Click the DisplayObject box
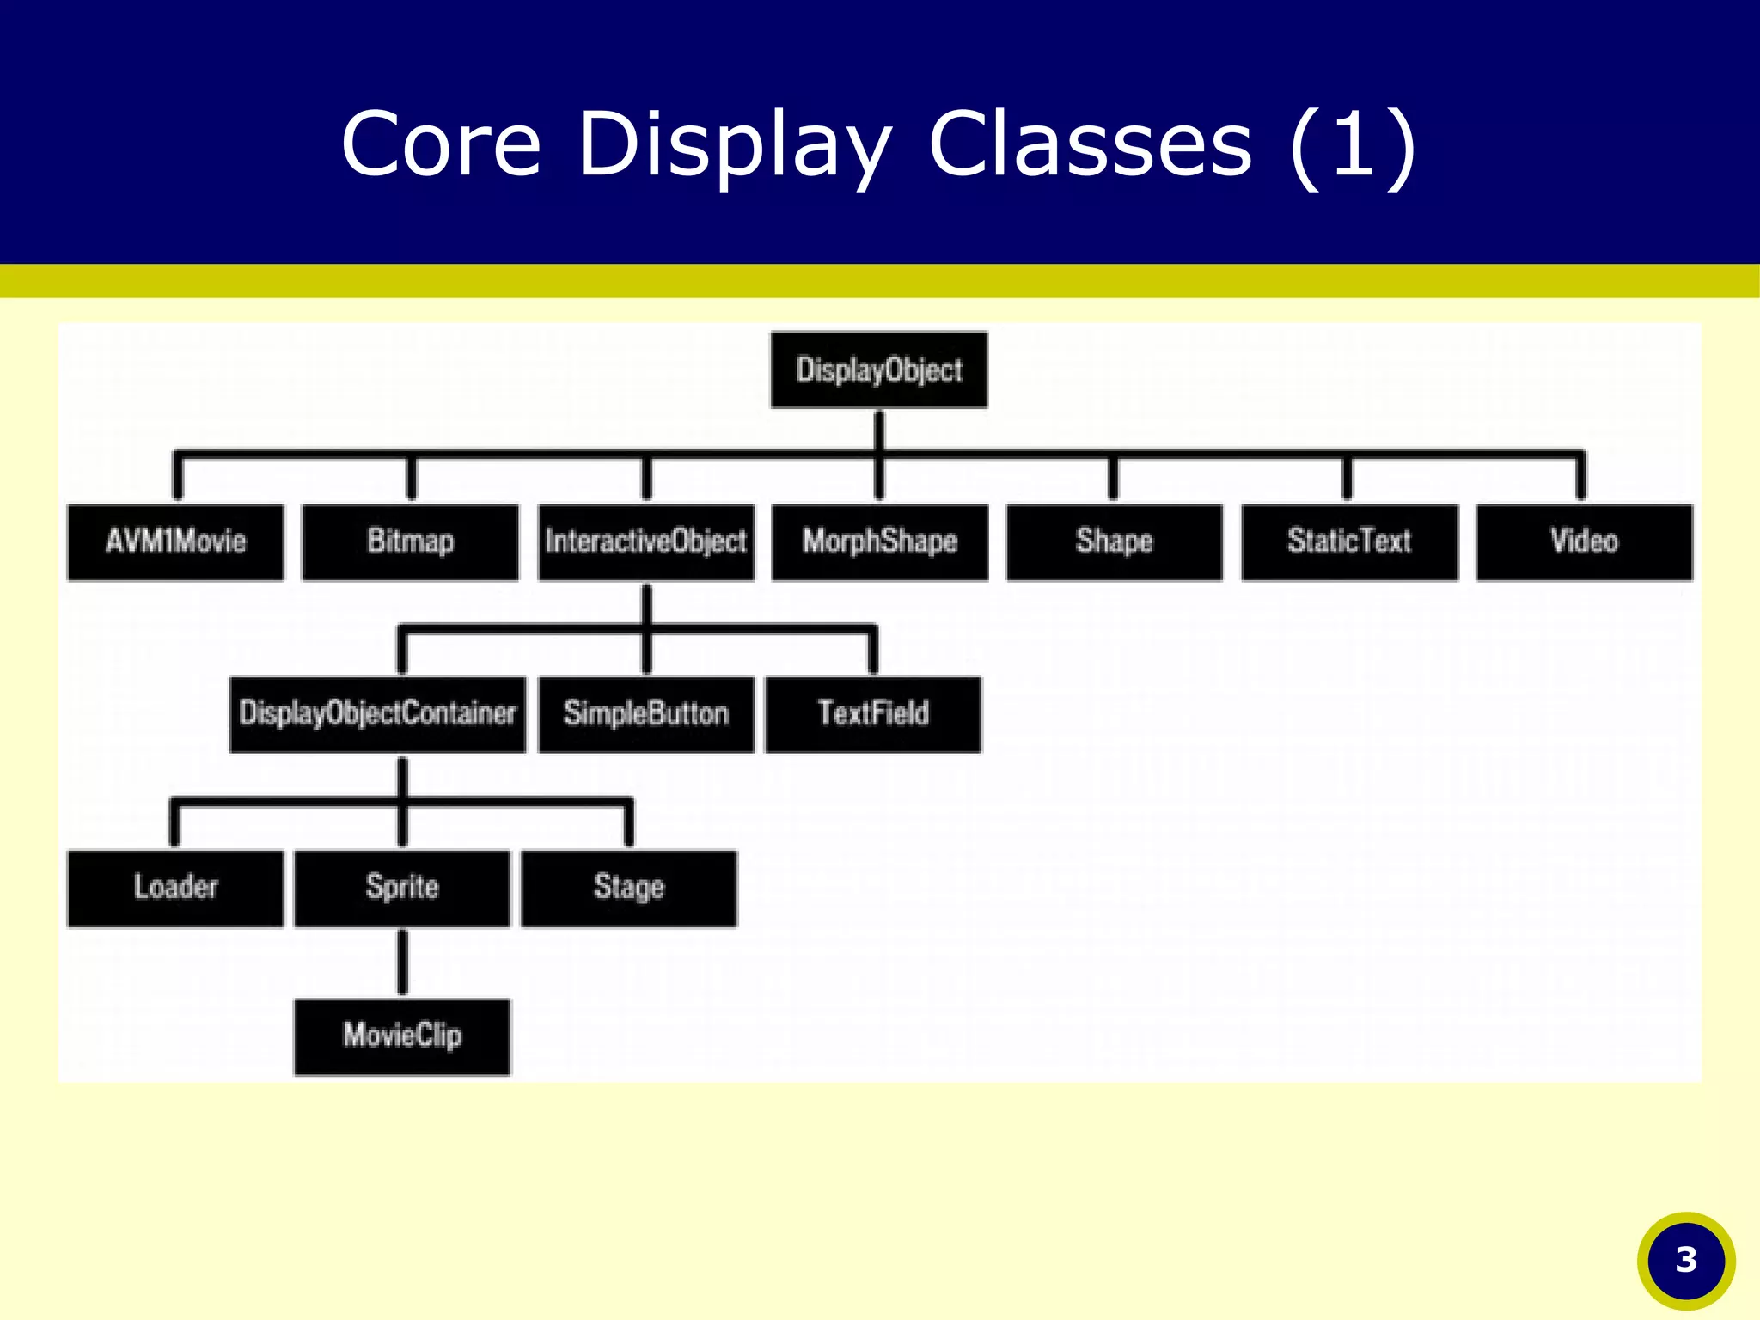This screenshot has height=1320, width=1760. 878,370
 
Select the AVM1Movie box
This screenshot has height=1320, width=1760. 175,542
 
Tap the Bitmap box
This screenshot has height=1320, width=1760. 410,542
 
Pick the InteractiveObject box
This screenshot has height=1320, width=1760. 645,542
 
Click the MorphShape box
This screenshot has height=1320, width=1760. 879,542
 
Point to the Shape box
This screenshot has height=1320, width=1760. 1114,542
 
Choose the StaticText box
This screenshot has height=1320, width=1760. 1349,542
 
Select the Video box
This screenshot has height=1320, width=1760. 1584,542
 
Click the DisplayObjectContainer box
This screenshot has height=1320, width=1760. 377,714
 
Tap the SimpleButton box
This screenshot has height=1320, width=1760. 645,714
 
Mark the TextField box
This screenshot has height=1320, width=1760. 872,714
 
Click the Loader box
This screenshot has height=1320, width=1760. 175,889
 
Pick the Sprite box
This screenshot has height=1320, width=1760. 401,889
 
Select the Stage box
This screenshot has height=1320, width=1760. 628,889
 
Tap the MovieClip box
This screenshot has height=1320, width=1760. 401,1036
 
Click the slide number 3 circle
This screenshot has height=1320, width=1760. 1686,1261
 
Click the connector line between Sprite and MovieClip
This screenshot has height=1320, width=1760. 401,962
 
